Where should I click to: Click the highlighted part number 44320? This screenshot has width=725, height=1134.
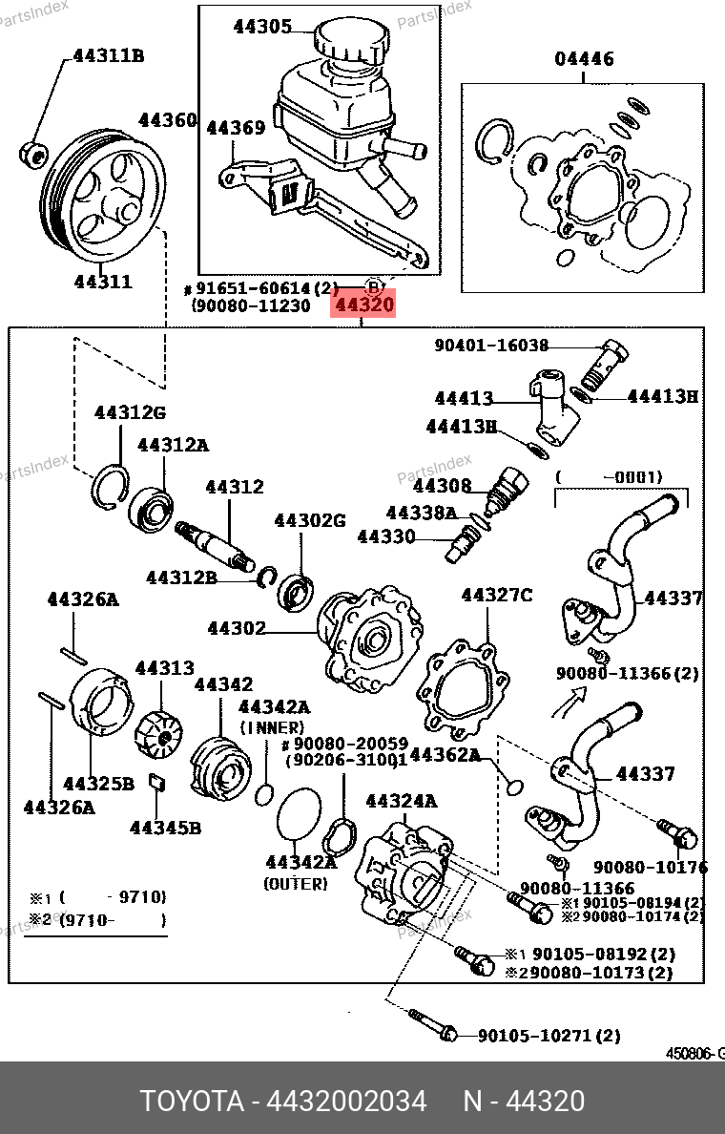(x=362, y=305)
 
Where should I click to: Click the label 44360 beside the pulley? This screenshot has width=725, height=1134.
(x=167, y=120)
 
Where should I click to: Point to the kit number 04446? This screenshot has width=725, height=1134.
(x=585, y=59)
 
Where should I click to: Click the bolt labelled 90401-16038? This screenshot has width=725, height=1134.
(x=611, y=357)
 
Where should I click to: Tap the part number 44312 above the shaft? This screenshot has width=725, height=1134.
(x=235, y=487)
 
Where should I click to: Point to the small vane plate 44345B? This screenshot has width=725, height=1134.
(x=157, y=784)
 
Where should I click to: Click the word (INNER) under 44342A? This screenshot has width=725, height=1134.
(x=272, y=726)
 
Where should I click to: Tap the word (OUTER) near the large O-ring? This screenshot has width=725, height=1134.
(x=295, y=884)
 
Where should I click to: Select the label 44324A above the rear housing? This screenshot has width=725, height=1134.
(x=401, y=801)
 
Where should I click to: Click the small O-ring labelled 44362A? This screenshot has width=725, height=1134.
(x=514, y=786)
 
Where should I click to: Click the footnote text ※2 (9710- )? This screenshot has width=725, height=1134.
(x=95, y=921)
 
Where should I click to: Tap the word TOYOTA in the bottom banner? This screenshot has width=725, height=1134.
(x=192, y=1102)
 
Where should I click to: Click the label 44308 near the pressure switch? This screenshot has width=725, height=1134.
(x=443, y=486)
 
